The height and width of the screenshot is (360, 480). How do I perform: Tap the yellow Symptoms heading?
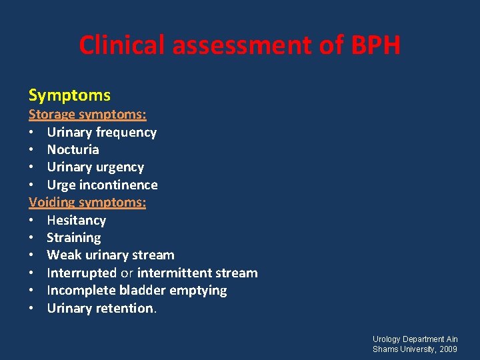click(x=69, y=95)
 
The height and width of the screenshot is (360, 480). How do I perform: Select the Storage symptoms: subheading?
click(x=87, y=115)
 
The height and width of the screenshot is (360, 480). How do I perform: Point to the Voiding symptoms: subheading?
click(x=87, y=202)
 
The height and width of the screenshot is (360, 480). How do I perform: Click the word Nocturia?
click(x=73, y=149)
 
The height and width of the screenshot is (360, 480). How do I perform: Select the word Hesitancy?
click(x=76, y=220)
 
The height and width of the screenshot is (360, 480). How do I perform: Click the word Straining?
click(x=73, y=237)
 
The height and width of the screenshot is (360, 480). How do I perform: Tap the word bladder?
click(x=143, y=290)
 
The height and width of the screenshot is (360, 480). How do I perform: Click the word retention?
click(x=126, y=308)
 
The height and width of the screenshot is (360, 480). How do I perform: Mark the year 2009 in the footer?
click(x=448, y=349)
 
